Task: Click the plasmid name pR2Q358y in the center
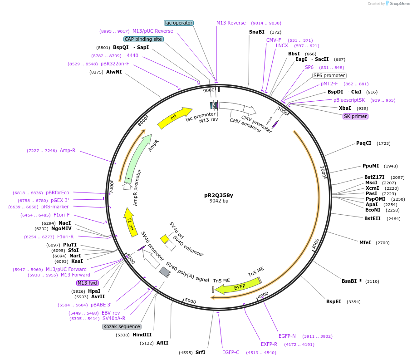tap(219, 195)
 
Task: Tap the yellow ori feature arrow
tap(175, 117)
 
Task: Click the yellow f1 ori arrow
tap(129, 220)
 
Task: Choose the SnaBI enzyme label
tap(256, 32)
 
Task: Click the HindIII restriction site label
tap(142, 335)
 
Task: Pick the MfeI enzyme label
tap(365, 242)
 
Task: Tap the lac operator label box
tap(179, 23)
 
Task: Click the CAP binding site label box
tap(143, 39)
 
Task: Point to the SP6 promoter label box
tap(329, 75)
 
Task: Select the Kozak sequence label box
tap(122, 326)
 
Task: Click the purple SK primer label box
tap(355, 116)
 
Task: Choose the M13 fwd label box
tap(88, 283)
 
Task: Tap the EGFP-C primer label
tap(231, 352)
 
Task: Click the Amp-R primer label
tap(68, 150)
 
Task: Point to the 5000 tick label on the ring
tap(190, 301)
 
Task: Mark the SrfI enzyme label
tap(200, 352)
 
